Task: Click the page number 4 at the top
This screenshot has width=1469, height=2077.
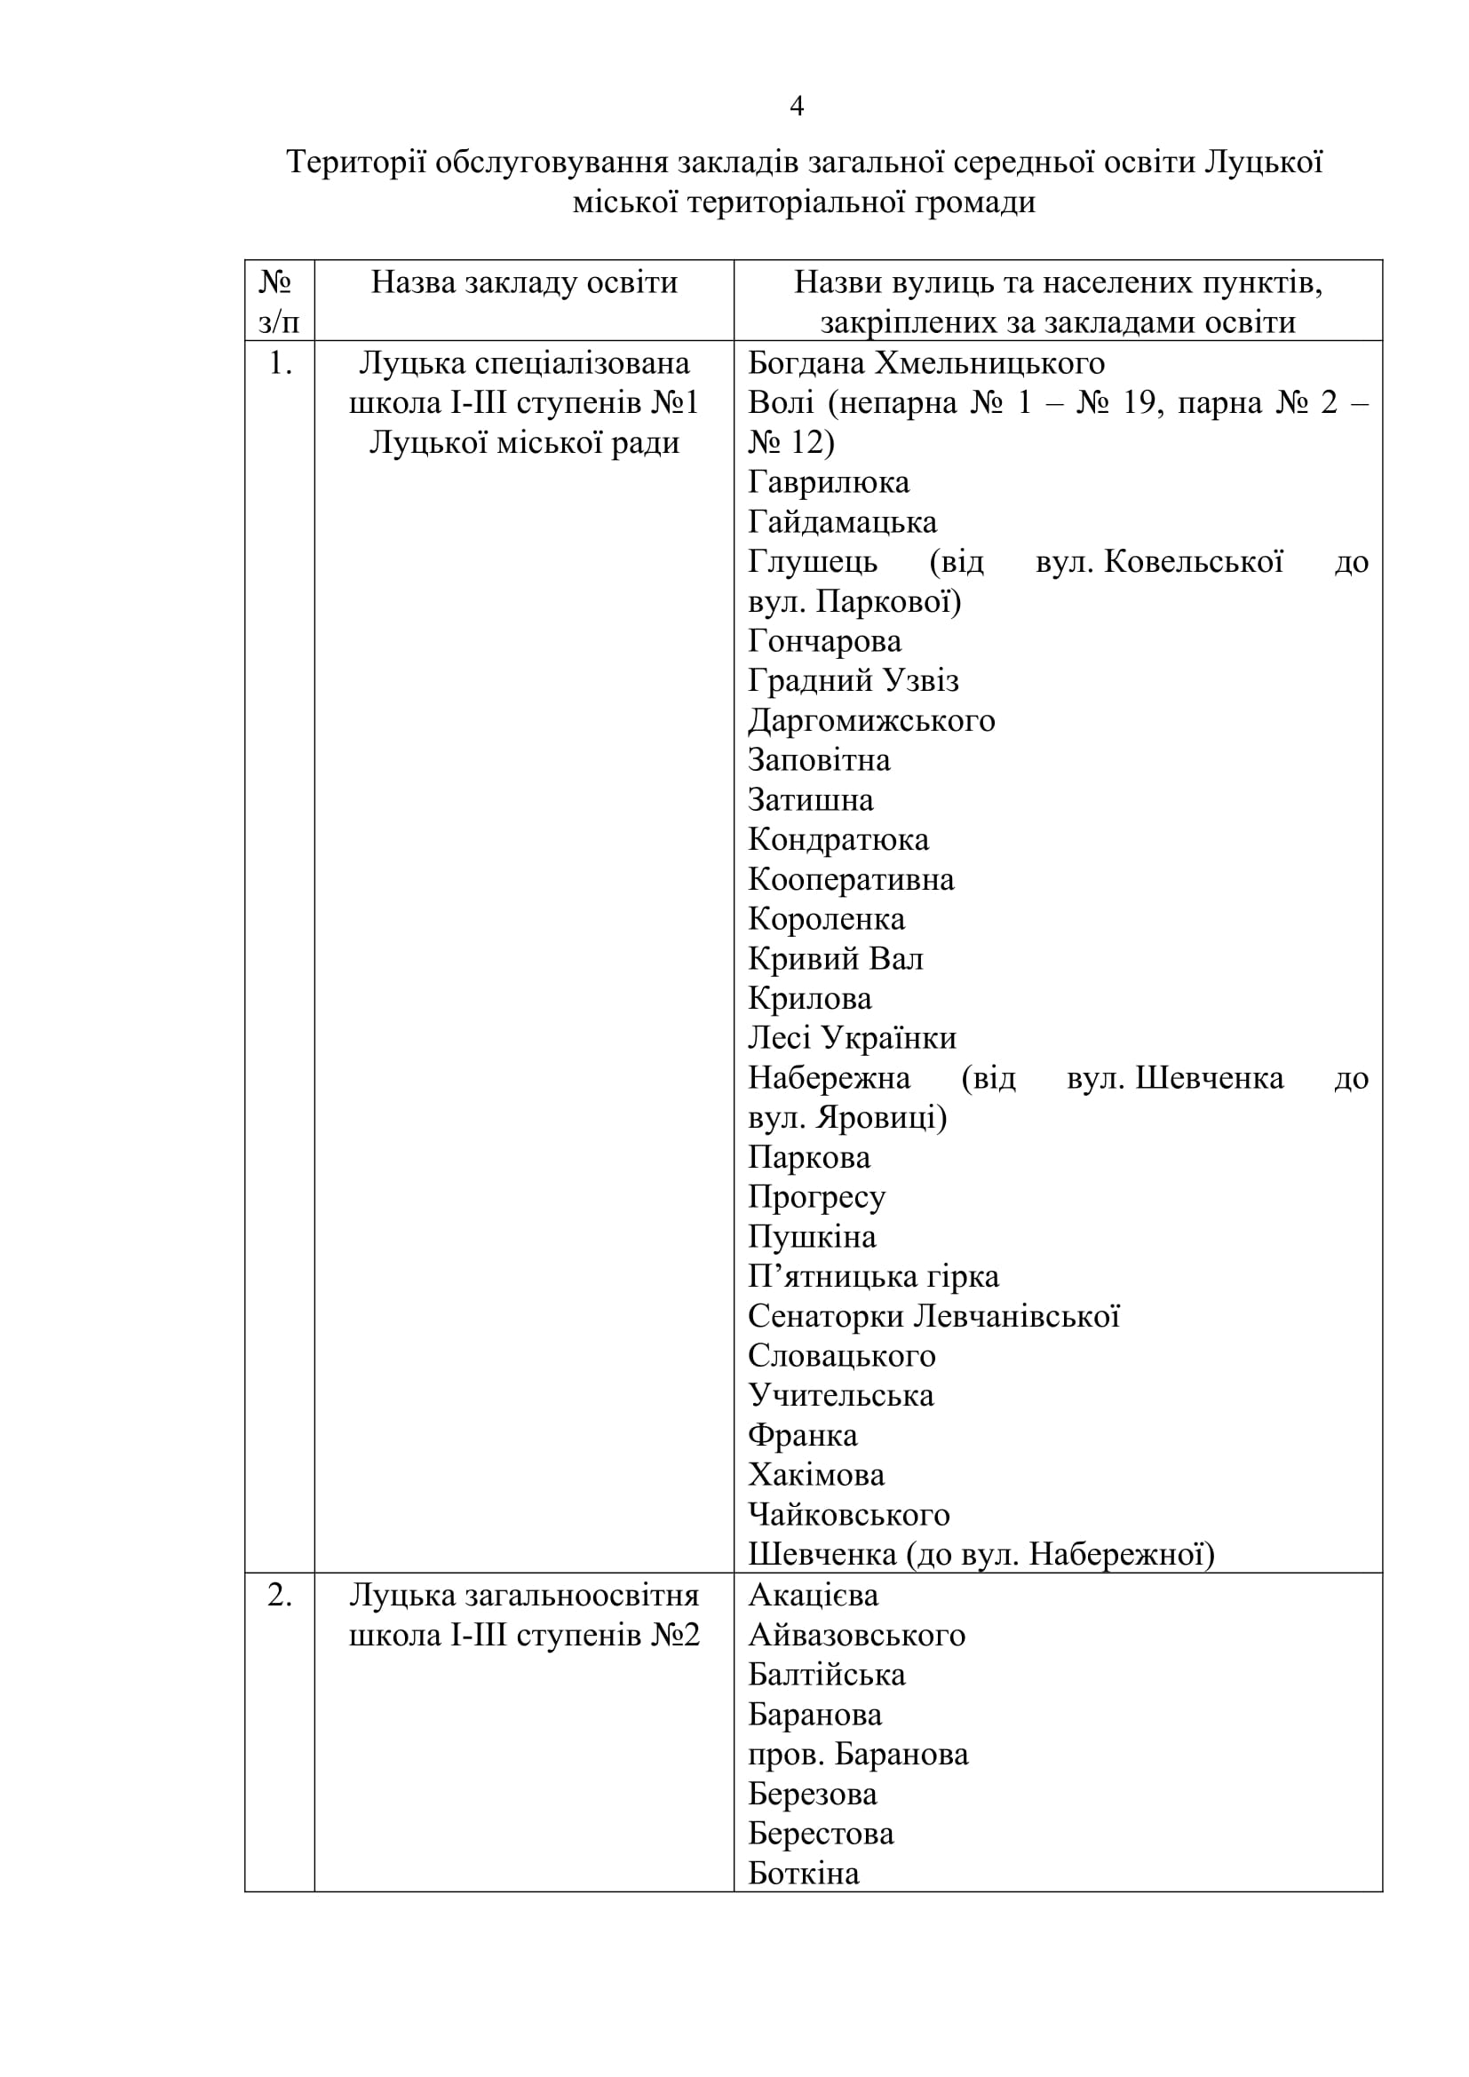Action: coord(796,107)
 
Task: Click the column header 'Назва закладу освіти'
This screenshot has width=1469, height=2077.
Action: coord(524,283)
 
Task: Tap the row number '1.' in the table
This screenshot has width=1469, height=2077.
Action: coord(280,364)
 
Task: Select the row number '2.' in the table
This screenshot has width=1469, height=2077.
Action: coord(280,1595)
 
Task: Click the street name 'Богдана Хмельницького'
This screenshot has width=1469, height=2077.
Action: coord(925,364)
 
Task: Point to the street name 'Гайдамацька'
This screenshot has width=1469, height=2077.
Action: coord(841,522)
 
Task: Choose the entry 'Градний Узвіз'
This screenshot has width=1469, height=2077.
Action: coord(853,680)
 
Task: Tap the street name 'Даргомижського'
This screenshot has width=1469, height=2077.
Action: coord(871,720)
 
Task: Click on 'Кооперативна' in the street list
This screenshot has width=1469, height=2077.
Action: coord(850,879)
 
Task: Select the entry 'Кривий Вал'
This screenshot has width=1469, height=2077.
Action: coord(835,959)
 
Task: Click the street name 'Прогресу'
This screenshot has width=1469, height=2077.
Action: coord(816,1197)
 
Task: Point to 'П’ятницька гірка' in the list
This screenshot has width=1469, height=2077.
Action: coord(873,1276)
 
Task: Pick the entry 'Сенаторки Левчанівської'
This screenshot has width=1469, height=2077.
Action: coord(933,1316)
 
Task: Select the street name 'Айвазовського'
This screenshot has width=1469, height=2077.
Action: coord(855,1635)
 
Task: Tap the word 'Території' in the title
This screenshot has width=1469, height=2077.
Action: coord(355,163)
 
